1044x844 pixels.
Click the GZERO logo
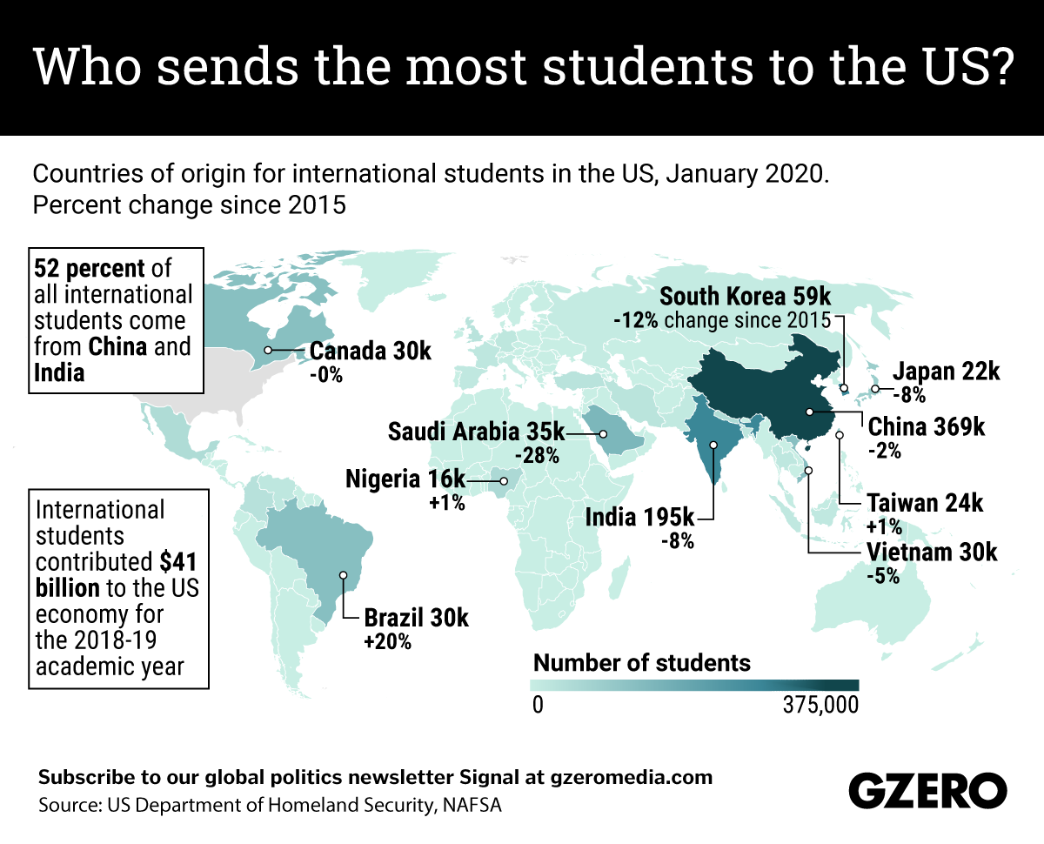[927, 791]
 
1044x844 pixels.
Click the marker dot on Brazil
[344, 575]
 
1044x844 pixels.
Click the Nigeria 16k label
[405, 479]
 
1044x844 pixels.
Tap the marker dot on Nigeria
[504, 480]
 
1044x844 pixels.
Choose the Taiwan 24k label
[925, 503]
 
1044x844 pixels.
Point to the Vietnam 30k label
[931, 553]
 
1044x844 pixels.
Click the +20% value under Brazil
[387, 643]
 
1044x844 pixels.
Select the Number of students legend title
[641, 662]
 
